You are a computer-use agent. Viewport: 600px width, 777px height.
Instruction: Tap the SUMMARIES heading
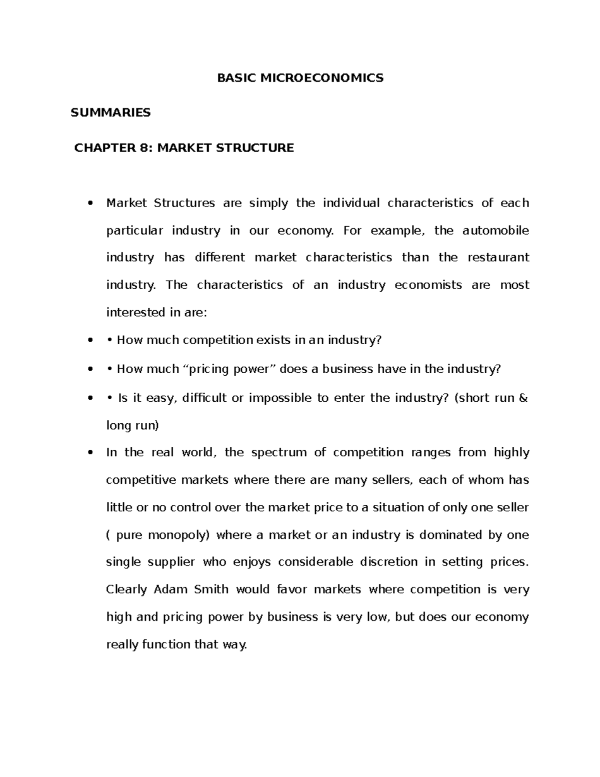coord(110,113)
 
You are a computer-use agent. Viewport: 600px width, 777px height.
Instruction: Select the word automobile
coord(495,231)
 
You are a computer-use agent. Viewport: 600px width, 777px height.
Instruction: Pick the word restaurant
coord(498,258)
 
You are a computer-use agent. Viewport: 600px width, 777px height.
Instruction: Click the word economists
coord(428,285)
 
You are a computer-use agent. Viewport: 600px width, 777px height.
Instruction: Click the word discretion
coord(388,562)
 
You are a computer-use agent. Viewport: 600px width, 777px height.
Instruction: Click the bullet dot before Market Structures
coord(90,204)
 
